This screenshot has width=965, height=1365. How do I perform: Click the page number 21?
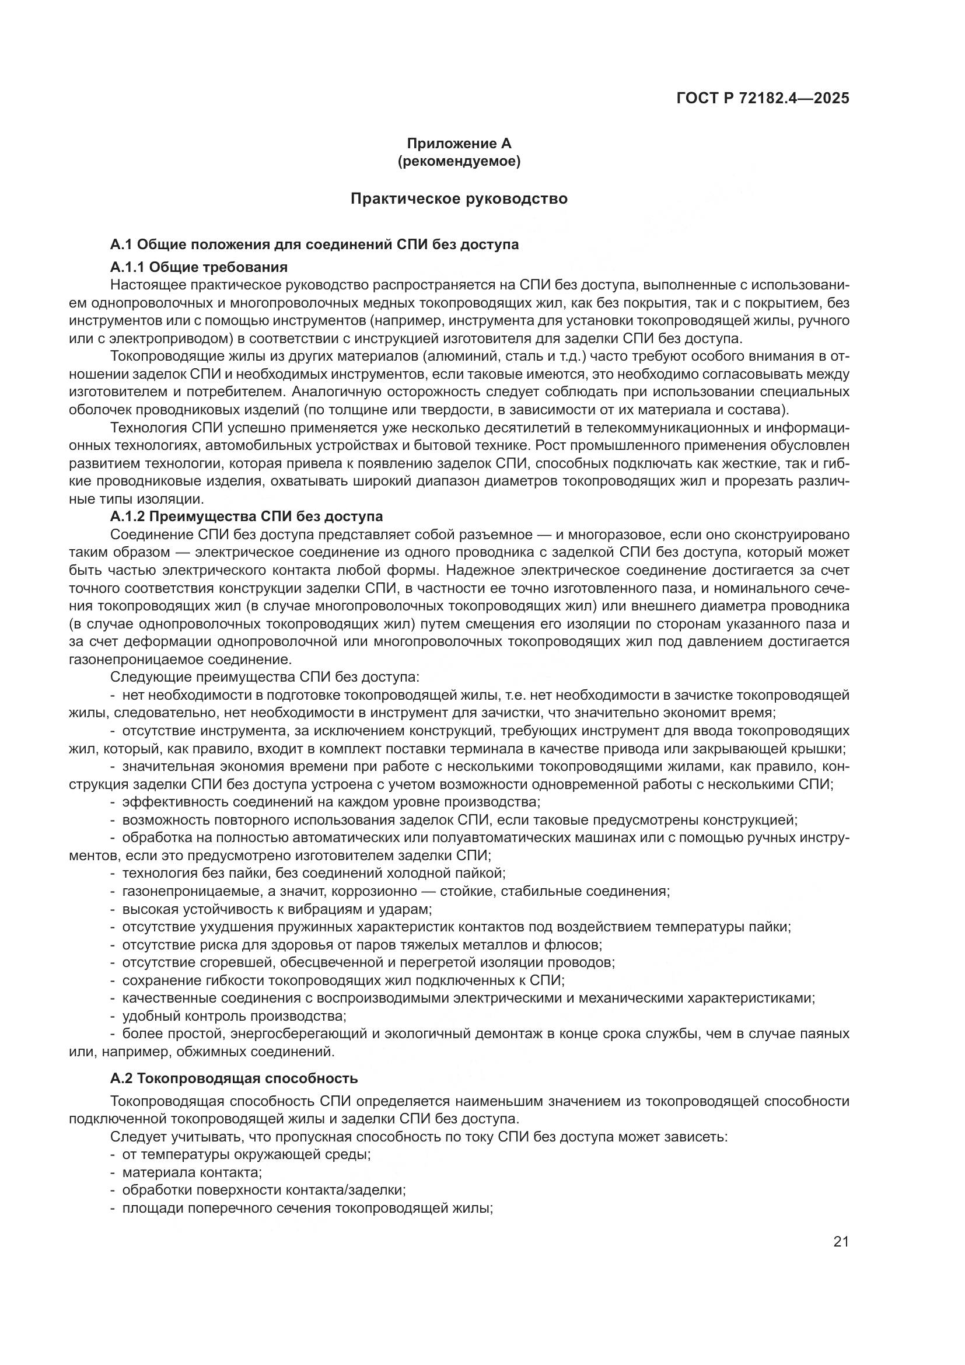tap(841, 1242)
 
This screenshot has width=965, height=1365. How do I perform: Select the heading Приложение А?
tap(459, 144)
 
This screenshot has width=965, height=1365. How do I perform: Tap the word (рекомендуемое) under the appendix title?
tap(459, 161)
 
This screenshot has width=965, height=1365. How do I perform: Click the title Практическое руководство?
tap(459, 198)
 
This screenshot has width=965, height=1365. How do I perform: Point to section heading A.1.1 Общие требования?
tap(199, 266)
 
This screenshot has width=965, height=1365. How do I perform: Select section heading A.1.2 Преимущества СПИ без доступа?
tap(247, 516)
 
